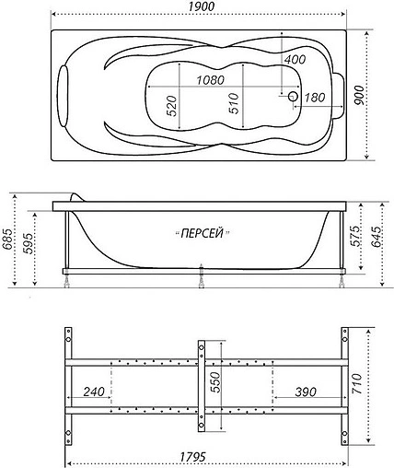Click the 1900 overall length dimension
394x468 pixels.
coord(197,8)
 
